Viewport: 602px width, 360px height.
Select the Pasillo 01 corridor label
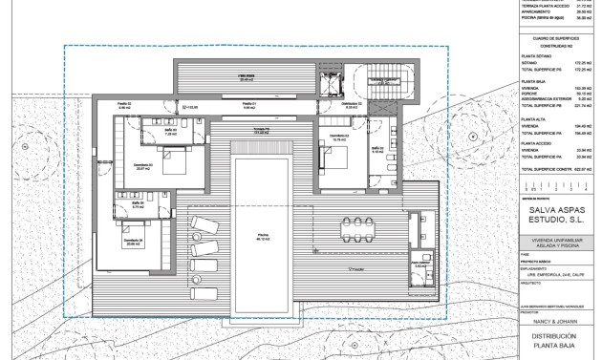[247, 104]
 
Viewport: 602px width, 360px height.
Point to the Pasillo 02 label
[124, 104]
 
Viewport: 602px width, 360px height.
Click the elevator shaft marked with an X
[335, 85]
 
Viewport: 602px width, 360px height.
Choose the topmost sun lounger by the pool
[204, 224]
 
